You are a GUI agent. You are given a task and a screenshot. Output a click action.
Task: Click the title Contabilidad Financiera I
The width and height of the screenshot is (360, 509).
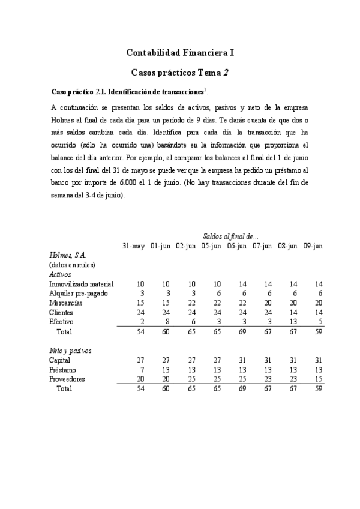(x=180, y=53)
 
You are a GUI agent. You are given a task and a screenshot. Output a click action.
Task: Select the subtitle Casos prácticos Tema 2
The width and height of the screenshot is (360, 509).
(x=180, y=73)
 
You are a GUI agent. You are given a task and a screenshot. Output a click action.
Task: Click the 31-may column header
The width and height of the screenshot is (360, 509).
(x=133, y=246)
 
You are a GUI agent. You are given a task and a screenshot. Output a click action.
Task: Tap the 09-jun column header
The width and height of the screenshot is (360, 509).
(x=314, y=246)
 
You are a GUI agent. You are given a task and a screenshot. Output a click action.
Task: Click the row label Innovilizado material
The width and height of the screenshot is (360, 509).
(x=82, y=283)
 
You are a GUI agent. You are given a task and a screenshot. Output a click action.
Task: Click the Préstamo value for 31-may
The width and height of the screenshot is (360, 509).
(x=141, y=369)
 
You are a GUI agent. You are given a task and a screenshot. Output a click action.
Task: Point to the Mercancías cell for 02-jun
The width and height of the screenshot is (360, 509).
(x=191, y=303)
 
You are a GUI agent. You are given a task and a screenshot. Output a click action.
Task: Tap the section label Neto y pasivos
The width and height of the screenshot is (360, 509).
(x=70, y=350)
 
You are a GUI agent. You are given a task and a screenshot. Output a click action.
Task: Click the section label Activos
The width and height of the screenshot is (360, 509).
(x=60, y=274)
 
